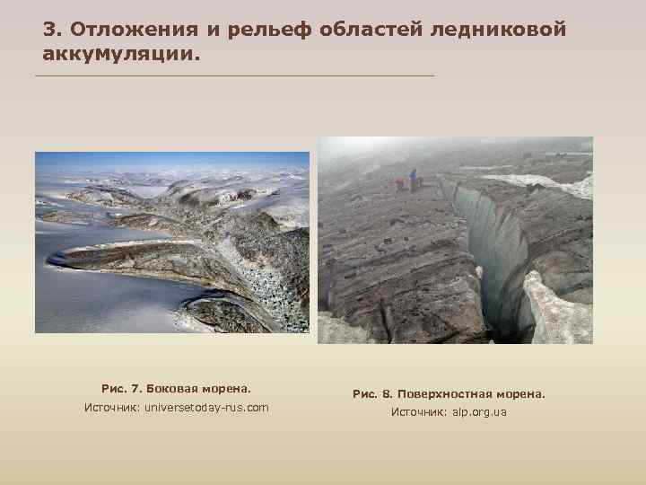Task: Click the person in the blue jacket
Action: pyautogui.click(x=413, y=179)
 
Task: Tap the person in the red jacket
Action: pyautogui.click(x=399, y=184)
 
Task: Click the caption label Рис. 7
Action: pyautogui.click(x=122, y=389)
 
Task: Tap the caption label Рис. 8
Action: pyautogui.click(x=372, y=393)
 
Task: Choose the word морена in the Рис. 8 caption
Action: pyautogui.click(x=519, y=393)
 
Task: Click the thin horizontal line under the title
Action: pyautogui.click(x=233, y=75)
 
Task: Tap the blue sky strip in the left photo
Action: pyautogui.click(x=170, y=160)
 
